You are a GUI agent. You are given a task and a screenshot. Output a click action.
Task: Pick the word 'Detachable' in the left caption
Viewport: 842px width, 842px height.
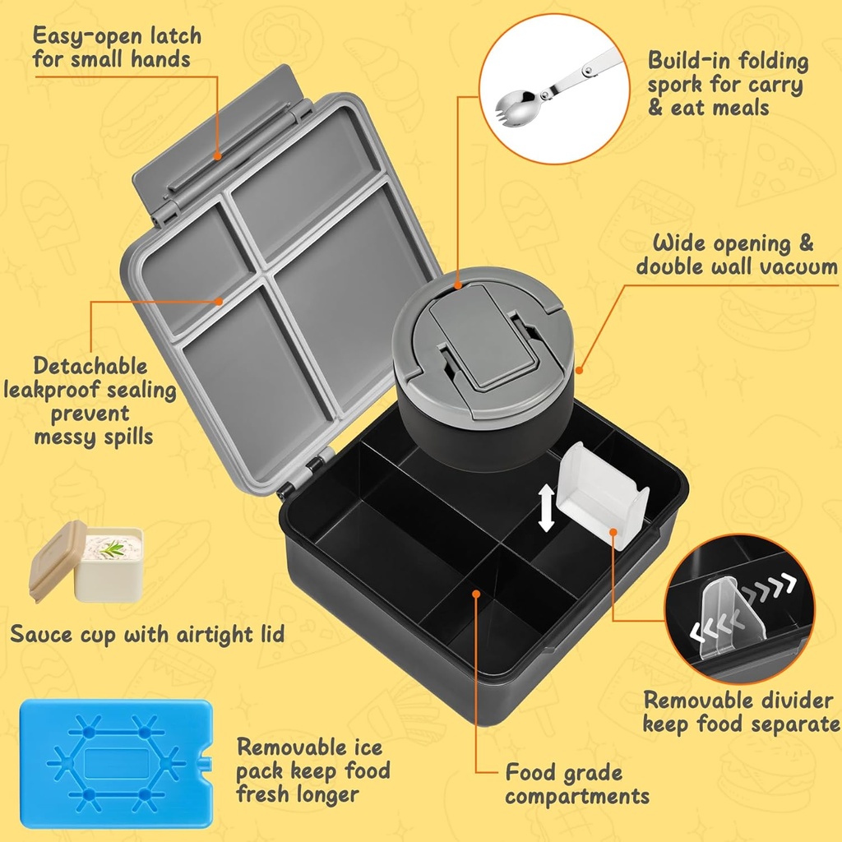click(x=90, y=367)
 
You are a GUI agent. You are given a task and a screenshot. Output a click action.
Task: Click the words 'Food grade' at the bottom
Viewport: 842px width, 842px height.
click(x=564, y=773)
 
